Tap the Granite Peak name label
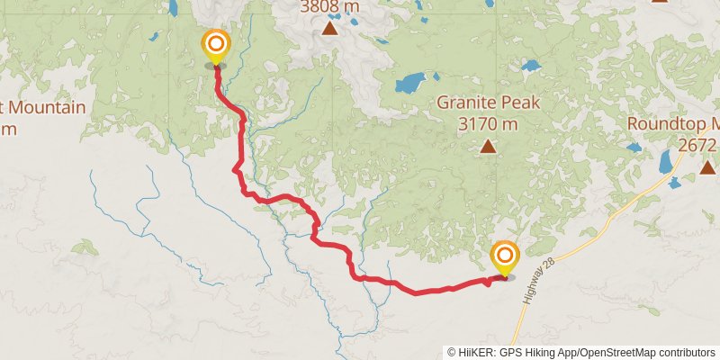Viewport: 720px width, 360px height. (489, 103)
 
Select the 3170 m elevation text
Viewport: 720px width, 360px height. (488, 123)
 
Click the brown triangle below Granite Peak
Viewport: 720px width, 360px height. (488, 146)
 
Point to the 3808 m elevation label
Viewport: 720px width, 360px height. (329, 7)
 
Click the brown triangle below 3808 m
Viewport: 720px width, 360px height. (330, 29)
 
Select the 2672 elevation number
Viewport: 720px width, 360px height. (697, 144)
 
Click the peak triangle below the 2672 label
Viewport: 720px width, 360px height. (707, 166)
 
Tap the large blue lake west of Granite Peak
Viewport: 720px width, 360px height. (409, 85)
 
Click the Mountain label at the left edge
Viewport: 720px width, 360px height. (45, 108)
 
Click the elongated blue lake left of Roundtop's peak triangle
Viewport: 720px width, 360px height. (666, 161)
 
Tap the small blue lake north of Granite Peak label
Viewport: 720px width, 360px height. (531, 66)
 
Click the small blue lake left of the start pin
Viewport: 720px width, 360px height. (155, 38)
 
